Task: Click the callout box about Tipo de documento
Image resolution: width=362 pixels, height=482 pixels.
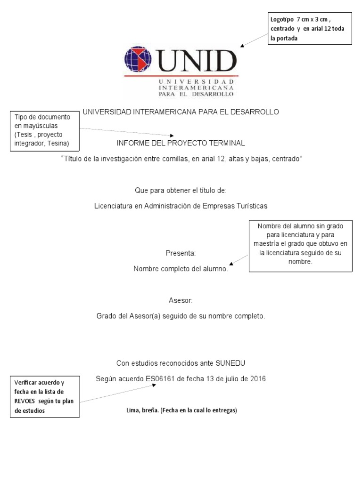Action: pos(44,130)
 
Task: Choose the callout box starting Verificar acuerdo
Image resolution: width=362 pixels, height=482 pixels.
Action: pos(45,396)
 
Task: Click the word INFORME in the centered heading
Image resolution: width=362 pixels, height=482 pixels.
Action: pos(132,143)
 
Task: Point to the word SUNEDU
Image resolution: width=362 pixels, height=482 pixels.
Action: pos(231,363)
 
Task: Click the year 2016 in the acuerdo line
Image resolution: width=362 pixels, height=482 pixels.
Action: pos(257,378)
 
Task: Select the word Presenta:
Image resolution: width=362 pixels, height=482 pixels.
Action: pos(181,253)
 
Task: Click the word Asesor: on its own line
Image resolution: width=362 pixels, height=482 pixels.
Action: pos(181,300)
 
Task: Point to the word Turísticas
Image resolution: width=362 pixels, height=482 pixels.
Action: pos(248,206)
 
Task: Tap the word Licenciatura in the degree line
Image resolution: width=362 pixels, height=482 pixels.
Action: pos(114,206)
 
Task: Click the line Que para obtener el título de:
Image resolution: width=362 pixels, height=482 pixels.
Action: pos(181,190)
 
